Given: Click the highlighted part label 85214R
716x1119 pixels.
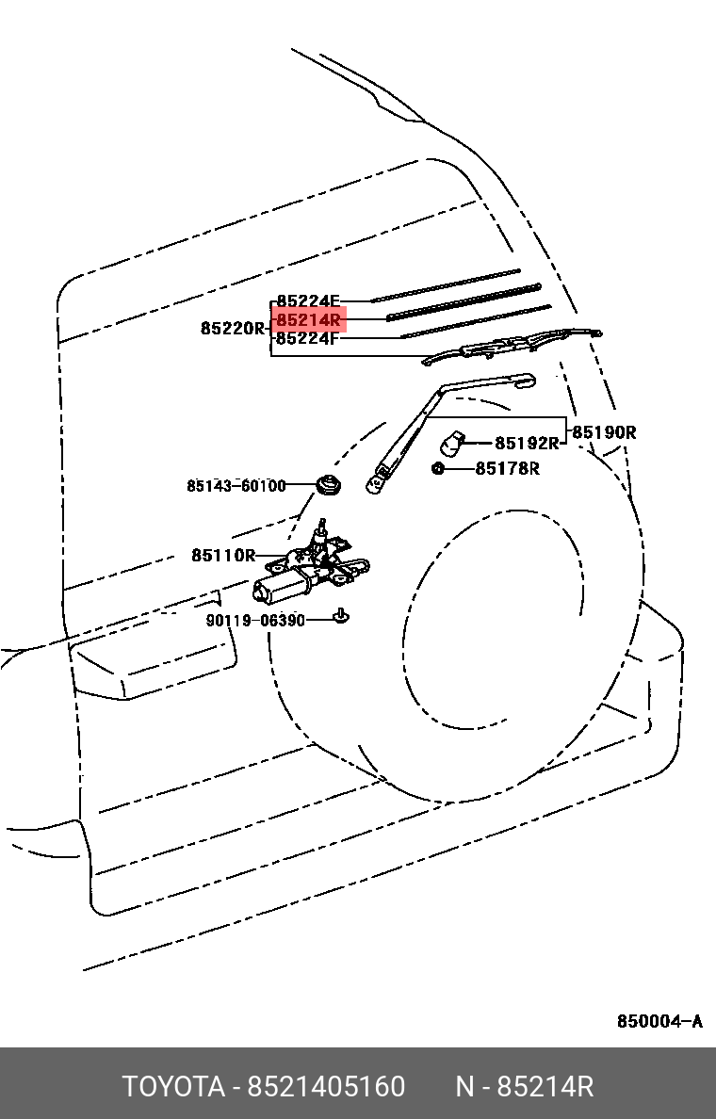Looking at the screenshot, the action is [x=308, y=319].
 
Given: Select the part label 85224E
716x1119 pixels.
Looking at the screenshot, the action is [x=308, y=301].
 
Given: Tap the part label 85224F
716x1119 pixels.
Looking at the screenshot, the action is [x=308, y=338].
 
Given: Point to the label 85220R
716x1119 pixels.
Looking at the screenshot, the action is [x=233, y=329].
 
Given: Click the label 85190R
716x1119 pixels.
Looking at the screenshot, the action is [x=605, y=431].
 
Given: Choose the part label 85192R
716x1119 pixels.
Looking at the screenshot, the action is [x=527, y=444].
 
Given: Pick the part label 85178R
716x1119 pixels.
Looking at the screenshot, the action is [x=508, y=468].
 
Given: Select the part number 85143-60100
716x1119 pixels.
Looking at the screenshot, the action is [x=236, y=486].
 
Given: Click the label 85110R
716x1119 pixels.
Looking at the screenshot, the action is [x=223, y=555].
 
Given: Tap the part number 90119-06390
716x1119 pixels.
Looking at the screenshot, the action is [x=255, y=620].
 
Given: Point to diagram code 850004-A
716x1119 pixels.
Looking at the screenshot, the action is [x=659, y=1021].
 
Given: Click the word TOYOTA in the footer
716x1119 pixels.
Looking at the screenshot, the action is [x=173, y=1086].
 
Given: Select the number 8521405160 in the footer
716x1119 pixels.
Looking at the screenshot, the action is [x=326, y=1086].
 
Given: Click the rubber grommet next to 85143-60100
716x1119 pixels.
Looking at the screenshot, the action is [x=329, y=486].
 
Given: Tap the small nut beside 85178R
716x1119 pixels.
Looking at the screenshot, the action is [x=438, y=468].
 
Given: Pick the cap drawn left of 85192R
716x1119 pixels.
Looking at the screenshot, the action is [x=452, y=444].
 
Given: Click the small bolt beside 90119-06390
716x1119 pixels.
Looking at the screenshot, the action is [x=342, y=614].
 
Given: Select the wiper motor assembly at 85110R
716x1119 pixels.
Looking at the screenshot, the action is [x=311, y=567].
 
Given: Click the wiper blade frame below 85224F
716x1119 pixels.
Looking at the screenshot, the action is [x=512, y=346].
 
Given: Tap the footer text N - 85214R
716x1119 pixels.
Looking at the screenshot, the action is [x=525, y=1086].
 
